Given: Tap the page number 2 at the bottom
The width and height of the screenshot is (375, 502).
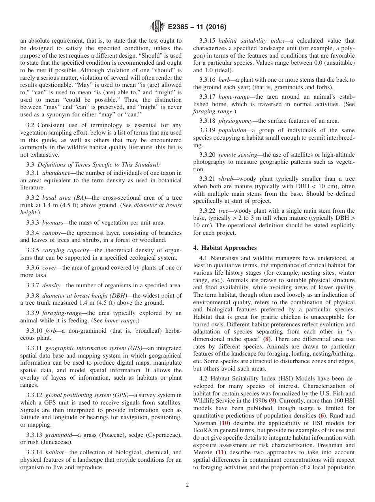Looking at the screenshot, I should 187,485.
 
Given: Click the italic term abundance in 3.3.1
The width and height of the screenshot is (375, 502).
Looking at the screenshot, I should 56,173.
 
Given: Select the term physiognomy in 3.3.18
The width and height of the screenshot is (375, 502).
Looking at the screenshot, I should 236,121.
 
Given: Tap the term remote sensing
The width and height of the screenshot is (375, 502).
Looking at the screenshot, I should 237,155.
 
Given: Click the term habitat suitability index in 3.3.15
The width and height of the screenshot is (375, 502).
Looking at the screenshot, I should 247,41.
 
